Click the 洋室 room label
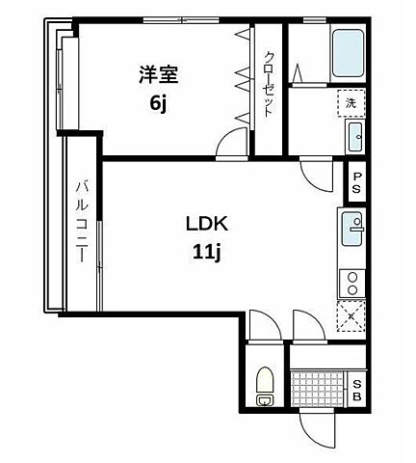[x=159, y=74]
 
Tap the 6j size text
[x=158, y=103]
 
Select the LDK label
[x=207, y=224]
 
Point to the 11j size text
[x=207, y=253]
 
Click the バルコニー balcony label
[x=82, y=222]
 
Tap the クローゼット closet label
[x=269, y=85]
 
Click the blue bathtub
[x=348, y=54]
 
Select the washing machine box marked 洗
[x=351, y=103]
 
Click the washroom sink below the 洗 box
[x=355, y=137]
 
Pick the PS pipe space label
[x=357, y=182]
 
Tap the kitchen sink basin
[x=351, y=229]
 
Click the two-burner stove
[x=352, y=284]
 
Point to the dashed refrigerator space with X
[x=351, y=316]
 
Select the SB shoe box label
[x=357, y=391]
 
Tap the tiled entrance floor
[x=317, y=389]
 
